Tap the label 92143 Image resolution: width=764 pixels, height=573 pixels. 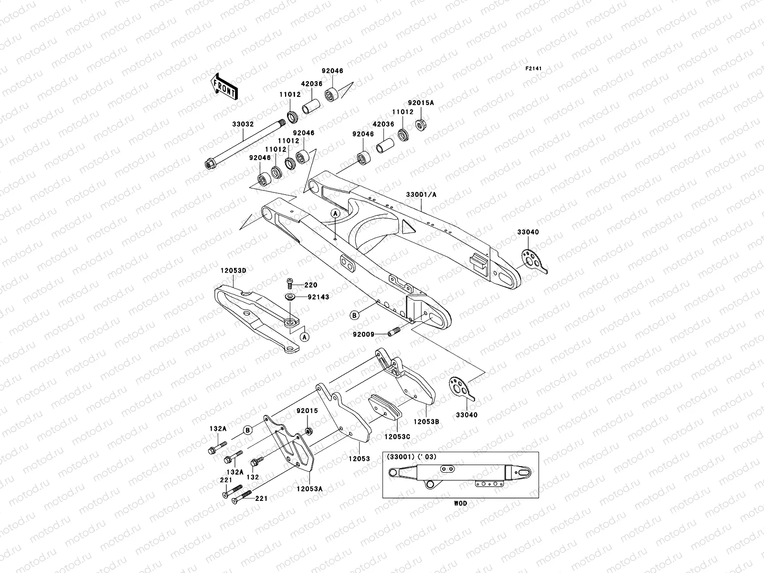pyautogui.click(x=318, y=297)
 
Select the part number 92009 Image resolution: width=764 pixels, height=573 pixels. pyautogui.click(x=363, y=334)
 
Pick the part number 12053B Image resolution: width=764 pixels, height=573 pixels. pyautogui.click(x=426, y=422)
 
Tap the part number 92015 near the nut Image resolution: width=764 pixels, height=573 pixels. pyautogui.click(x=307, y=411)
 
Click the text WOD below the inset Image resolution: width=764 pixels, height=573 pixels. pyautogui.click(x=460, y=503)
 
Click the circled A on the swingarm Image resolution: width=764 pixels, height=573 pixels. pyautogui.click(x=336, y=213)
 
